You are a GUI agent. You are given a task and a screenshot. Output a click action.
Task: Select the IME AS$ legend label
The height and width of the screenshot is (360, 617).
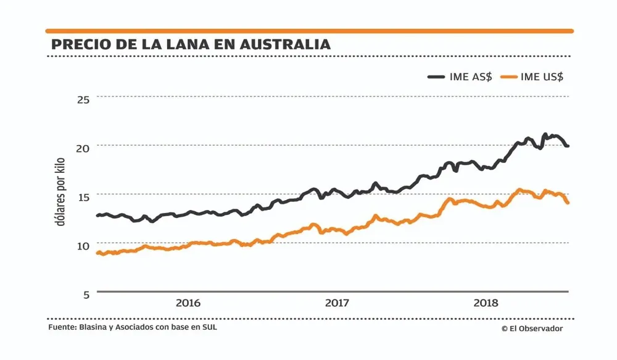[x=471, y=77]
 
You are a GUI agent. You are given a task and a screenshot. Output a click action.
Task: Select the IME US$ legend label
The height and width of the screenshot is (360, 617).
[x=542, y=77]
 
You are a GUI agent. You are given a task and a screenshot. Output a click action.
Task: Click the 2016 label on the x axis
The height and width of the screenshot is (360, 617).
[x=188, y=303]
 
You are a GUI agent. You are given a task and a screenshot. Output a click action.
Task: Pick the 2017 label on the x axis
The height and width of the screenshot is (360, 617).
[x=337, y=303]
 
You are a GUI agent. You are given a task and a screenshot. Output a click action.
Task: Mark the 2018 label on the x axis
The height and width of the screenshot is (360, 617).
[x=486, y=303]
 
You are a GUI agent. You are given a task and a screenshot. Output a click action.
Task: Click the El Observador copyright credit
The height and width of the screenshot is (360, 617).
[x=532, y=329]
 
